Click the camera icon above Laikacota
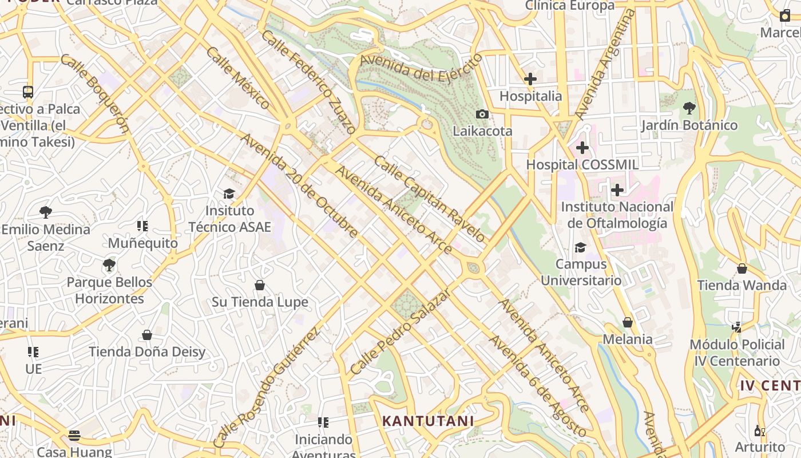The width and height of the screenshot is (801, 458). point(482,114)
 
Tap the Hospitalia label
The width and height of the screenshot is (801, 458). point(530,96)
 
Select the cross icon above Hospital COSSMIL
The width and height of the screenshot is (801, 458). point(582,148)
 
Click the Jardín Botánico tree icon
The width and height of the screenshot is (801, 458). point(689,108)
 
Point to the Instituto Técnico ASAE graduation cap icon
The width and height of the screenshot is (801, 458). point(229,194)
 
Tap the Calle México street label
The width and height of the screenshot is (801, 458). point(237,78)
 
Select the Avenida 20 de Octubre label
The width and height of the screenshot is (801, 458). point(299,185)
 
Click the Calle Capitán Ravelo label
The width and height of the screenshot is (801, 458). point(429,198)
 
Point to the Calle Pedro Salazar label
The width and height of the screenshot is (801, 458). point(400,332)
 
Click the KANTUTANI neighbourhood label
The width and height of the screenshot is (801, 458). point(428,421)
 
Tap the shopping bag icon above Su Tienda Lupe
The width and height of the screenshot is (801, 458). point(260,285)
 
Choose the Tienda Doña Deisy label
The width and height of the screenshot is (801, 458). point(146,352)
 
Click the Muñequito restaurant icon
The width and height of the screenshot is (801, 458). point(142,226)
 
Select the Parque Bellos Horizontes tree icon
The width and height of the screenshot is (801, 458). point(109,265)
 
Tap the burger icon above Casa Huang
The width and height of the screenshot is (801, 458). point(74,435)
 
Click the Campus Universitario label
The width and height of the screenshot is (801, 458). point(581,273)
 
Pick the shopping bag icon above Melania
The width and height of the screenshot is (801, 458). point(628,322)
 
